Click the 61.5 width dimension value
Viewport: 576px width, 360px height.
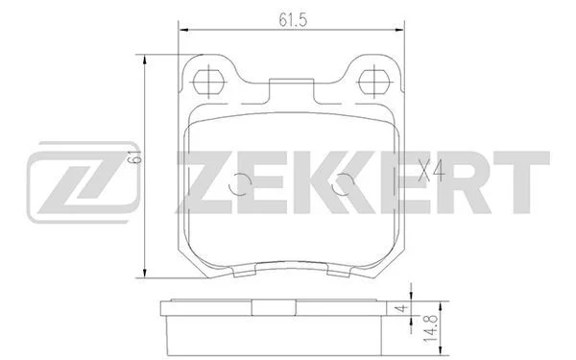[x=293, y=19]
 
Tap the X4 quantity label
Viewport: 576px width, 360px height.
[x=432, y=171]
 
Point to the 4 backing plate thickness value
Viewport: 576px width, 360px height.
[x=403, y=308]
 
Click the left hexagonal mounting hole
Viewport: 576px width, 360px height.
[x=208, y=82]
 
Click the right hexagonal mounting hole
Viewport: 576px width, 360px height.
[x=374, y=82]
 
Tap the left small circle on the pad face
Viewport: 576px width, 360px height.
[x=239, y=183]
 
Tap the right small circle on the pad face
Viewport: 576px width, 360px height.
[x=343, y=183]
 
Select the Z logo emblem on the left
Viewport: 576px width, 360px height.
[x=84, y=182]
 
